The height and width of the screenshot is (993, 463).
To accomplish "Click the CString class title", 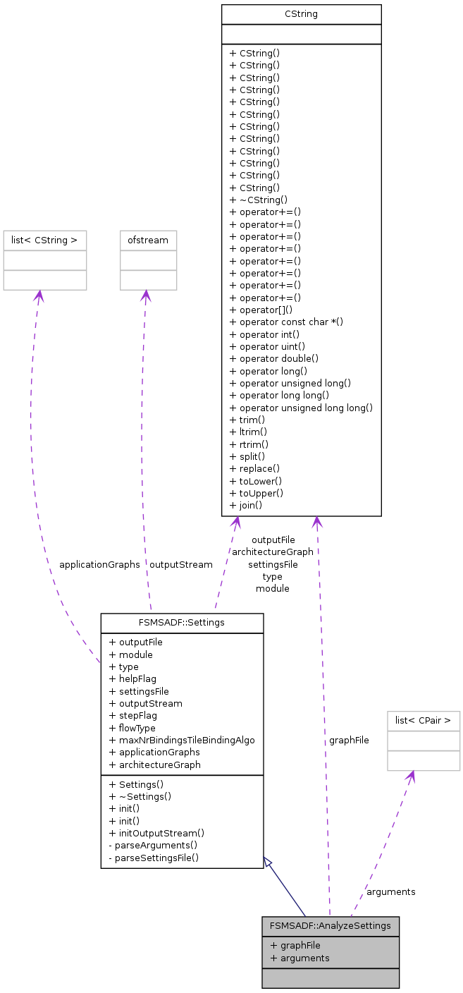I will pos(301,14).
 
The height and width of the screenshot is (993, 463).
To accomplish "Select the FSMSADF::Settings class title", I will pos(182,623).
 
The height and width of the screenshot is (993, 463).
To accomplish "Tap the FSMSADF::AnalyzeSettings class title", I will pos(330,926).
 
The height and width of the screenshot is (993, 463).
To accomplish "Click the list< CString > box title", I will pos(44,240).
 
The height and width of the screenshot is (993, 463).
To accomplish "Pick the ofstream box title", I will pos(148,240).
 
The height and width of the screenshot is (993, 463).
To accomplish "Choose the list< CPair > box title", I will pos(424,721).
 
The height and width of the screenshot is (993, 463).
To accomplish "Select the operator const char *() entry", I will pos(277,322).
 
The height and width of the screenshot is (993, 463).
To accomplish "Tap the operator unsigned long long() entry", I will pos(301,408).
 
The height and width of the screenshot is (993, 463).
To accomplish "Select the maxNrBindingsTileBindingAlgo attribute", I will pos(182,741).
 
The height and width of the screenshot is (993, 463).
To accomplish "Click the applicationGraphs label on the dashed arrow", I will pos(99,565).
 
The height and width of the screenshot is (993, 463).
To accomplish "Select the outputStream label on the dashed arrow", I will pos(180,565).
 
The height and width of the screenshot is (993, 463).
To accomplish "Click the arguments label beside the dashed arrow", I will pos(390,892).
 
